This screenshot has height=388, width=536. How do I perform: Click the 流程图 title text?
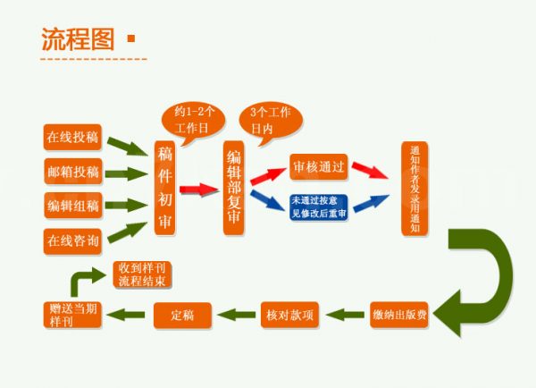78,38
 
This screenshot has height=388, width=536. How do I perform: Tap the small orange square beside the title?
132,38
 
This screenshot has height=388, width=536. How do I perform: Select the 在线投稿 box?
73,139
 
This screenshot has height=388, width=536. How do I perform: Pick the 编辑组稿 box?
73,206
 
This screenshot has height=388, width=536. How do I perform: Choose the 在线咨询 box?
73,240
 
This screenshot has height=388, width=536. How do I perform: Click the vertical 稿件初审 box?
164,188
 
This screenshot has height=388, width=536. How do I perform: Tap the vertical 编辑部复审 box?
234,188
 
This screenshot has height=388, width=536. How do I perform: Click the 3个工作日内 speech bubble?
270,120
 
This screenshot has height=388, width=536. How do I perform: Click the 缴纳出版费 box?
398,315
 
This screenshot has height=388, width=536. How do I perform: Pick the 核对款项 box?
290,315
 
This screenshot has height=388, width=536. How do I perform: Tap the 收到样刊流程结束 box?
141,274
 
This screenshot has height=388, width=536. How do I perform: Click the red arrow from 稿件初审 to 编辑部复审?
199,190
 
